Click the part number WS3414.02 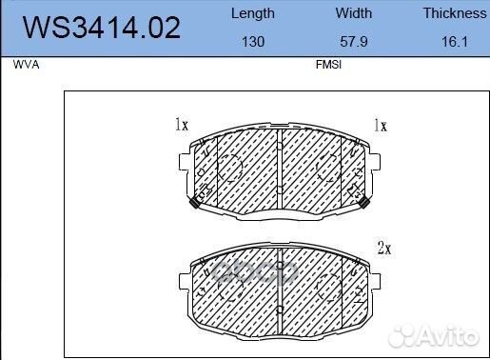point(102,28)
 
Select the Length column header point(253,14)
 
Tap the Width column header point(354,13)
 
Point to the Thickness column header point(455,13)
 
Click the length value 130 point(253,42)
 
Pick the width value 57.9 point(354,42)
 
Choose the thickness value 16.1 point(455,42)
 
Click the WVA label point(26,65)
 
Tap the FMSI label point(328,65)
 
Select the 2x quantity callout point(384,248)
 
